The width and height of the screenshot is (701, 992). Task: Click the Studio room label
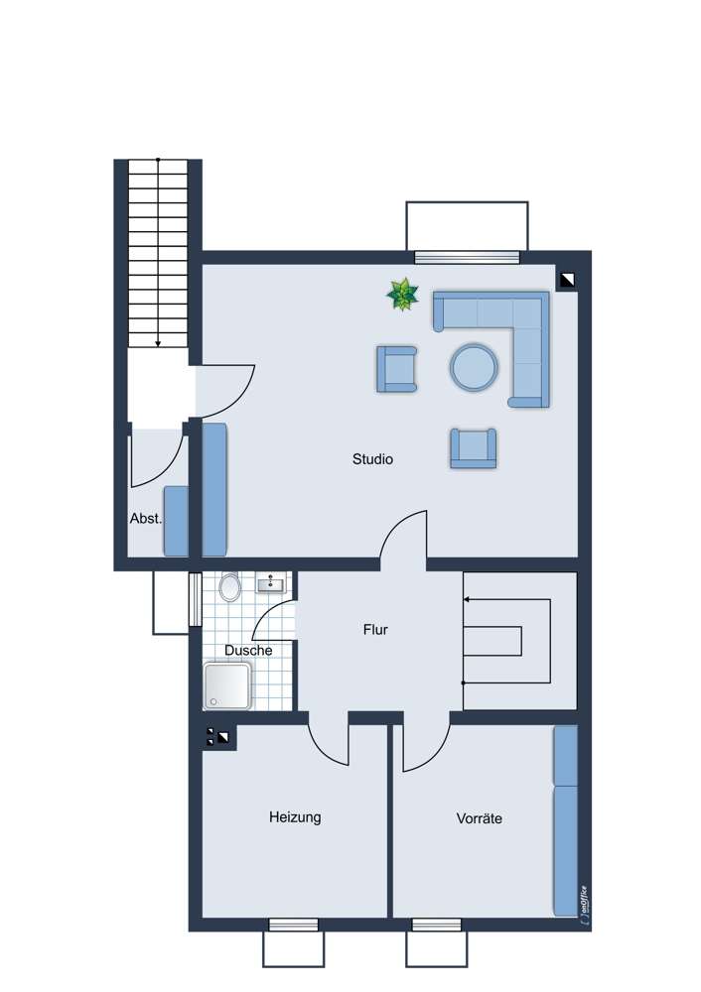click(372, 458)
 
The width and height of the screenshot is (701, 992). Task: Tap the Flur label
click(375, 630)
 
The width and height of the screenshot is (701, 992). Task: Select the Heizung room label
click(295, 816)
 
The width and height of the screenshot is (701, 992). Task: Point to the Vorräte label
click(480, 818)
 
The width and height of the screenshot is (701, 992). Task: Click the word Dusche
click(248, 650)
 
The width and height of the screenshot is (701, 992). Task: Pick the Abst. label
click(146, 518)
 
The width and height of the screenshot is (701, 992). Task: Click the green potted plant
click(402, 295)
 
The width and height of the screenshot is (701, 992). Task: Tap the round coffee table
click(474, 367)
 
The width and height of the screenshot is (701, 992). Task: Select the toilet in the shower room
click(229, 586)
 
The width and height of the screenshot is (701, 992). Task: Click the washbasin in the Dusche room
click(271, 582)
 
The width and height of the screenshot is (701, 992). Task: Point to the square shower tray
click(227, 685)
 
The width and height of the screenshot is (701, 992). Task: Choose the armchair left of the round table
click(397, 369)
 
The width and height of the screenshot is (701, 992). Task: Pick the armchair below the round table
click(473, 448)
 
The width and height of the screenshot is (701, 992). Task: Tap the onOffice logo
click(583, 906)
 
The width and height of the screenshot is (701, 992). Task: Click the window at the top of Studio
click(467, 257)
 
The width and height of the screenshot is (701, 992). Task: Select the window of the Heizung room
click(293, 925)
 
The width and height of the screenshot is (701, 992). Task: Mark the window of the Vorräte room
click(436, 925)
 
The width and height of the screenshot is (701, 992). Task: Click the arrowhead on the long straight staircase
click(158, 343)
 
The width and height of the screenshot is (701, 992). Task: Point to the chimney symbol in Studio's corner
click(567, 280)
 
